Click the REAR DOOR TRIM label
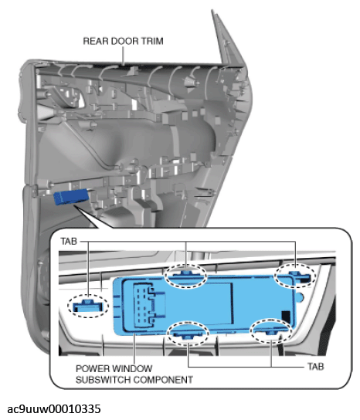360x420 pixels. (x=123, y=41)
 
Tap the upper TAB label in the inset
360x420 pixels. (x=69, y=242)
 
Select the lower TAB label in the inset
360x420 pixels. (x=316, y=366)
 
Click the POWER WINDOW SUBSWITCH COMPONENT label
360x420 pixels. (x=134, y=374)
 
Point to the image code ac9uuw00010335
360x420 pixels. (x=54, y=409)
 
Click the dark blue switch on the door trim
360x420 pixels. (x=71, y=197)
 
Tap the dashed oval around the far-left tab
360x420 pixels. (x=87, y=306)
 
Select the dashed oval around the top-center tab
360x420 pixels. (x=186, y=276)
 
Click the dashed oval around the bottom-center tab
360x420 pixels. (x=188, y=334)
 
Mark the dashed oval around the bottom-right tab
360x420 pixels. (x=271, y=331)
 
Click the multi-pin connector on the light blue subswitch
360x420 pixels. (x=144, y=304)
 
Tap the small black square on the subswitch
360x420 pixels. (x=286, y=317)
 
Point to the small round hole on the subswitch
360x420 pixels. (x=300, y=297)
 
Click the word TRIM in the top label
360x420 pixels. (x=152, y=41)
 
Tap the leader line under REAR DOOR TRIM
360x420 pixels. (x=123, y=56)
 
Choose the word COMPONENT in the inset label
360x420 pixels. (x=163, y=380)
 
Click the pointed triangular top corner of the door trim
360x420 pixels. (x=212, y=11)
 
